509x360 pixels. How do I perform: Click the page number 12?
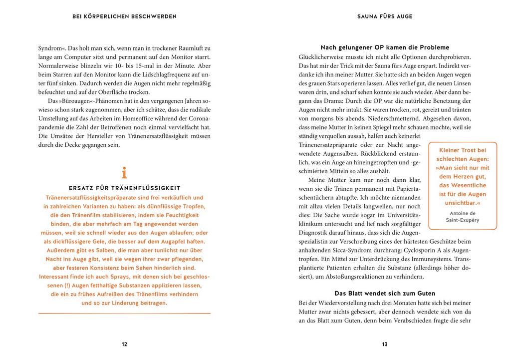coord(124,344)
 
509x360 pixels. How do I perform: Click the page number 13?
coord(385,344)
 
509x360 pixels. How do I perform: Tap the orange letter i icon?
coord(124,173)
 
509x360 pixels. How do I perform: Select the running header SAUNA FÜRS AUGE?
coord(385,16)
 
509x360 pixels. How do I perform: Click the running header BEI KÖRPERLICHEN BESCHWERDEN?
coord(124,16)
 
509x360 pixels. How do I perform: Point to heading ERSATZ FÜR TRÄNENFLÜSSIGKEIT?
coord(124,188)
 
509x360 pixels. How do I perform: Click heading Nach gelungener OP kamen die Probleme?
coord(385,47)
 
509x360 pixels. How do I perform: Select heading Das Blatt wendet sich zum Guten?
coord(385,293)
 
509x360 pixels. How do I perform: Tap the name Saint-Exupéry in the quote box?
coord(463,220)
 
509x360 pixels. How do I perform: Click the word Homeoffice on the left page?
coord(149,118)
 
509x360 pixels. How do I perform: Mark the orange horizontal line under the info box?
coord(124,313)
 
